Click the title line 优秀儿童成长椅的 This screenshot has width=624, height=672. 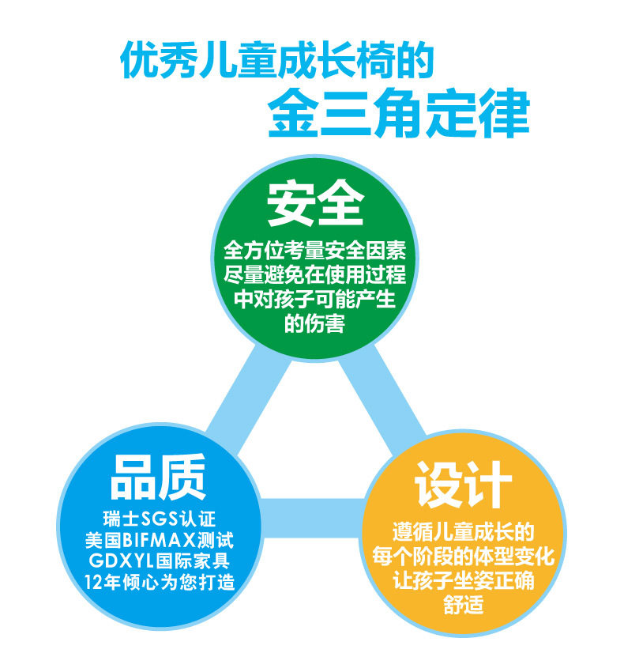click(276, 61)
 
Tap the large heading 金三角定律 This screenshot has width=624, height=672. click(397, 115)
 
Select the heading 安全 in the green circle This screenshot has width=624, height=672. click(314, 203)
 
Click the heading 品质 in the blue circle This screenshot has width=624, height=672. click(158, 477)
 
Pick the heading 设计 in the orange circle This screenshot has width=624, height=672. click(464, 484)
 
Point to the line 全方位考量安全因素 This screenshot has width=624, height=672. click(315, 251)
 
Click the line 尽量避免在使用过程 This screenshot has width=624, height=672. click(315, 275)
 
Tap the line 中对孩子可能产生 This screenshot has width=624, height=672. click(315, 300)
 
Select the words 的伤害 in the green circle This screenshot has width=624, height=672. click(314, 323)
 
